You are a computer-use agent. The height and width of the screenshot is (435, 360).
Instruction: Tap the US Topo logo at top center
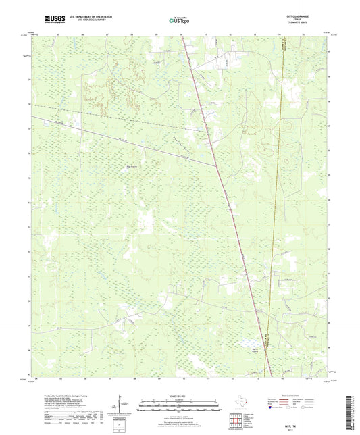click(x=180, y=21)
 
